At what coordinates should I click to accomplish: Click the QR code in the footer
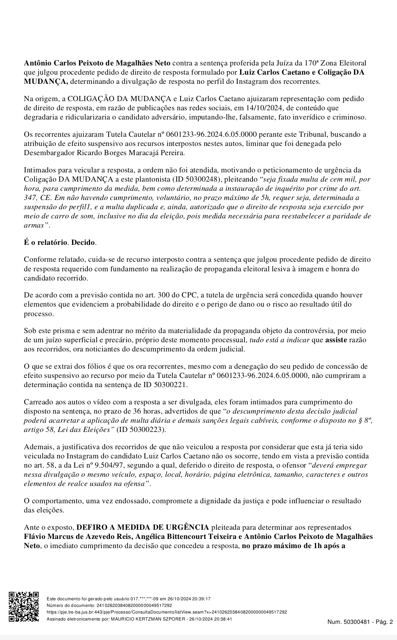pyautogui.click(x=24, y=606)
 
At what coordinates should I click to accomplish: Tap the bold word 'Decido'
pyautogui.click(x=83, y=243)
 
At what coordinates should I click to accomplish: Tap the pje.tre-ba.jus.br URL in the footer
pyautogui.click(x=167, y=612)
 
